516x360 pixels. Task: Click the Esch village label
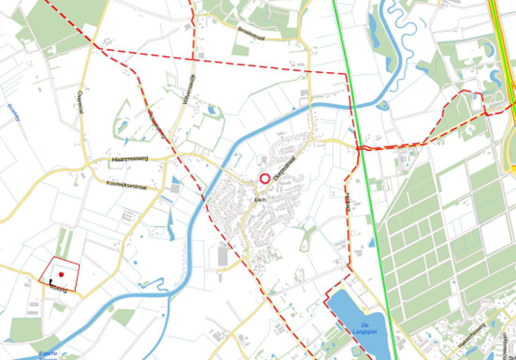click(x=258, y=198)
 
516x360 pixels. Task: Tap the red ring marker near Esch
click(x=265, y=178)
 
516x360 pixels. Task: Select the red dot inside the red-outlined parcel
click(x=61, y=276)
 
